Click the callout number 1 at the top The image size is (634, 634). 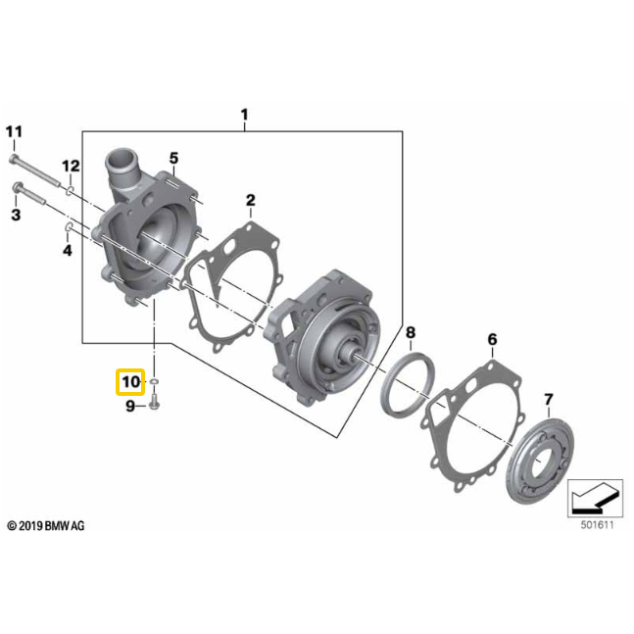[244, 116]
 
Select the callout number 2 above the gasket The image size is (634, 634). [251, 201]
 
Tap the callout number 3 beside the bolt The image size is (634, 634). [16, 214]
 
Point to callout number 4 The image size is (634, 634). [68, 251]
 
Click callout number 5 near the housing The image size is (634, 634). [173, 158]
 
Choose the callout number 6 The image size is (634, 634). [492, 339]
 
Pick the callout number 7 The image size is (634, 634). [549, 399]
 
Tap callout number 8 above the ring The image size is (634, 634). [411, 333]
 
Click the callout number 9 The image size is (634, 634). [129, 407]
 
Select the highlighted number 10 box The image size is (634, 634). [130, 381]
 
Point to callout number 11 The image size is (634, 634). [14, 131]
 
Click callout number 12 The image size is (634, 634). [71, 165]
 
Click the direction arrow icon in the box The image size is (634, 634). [594, 499]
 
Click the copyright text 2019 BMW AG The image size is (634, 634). [46, 526]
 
